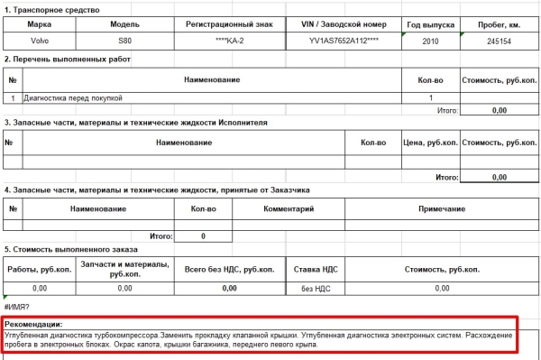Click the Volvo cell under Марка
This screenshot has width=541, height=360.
pos(38,41)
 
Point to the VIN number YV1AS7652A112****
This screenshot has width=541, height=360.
pos(346,41)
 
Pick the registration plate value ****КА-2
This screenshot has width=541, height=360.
pos(232,41)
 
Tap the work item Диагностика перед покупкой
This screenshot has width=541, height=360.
pos(67,97)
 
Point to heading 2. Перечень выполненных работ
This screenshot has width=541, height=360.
pos(68,60)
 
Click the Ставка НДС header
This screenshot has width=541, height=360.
pos(316,268)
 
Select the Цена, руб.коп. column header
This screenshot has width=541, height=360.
pos(427,143)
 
